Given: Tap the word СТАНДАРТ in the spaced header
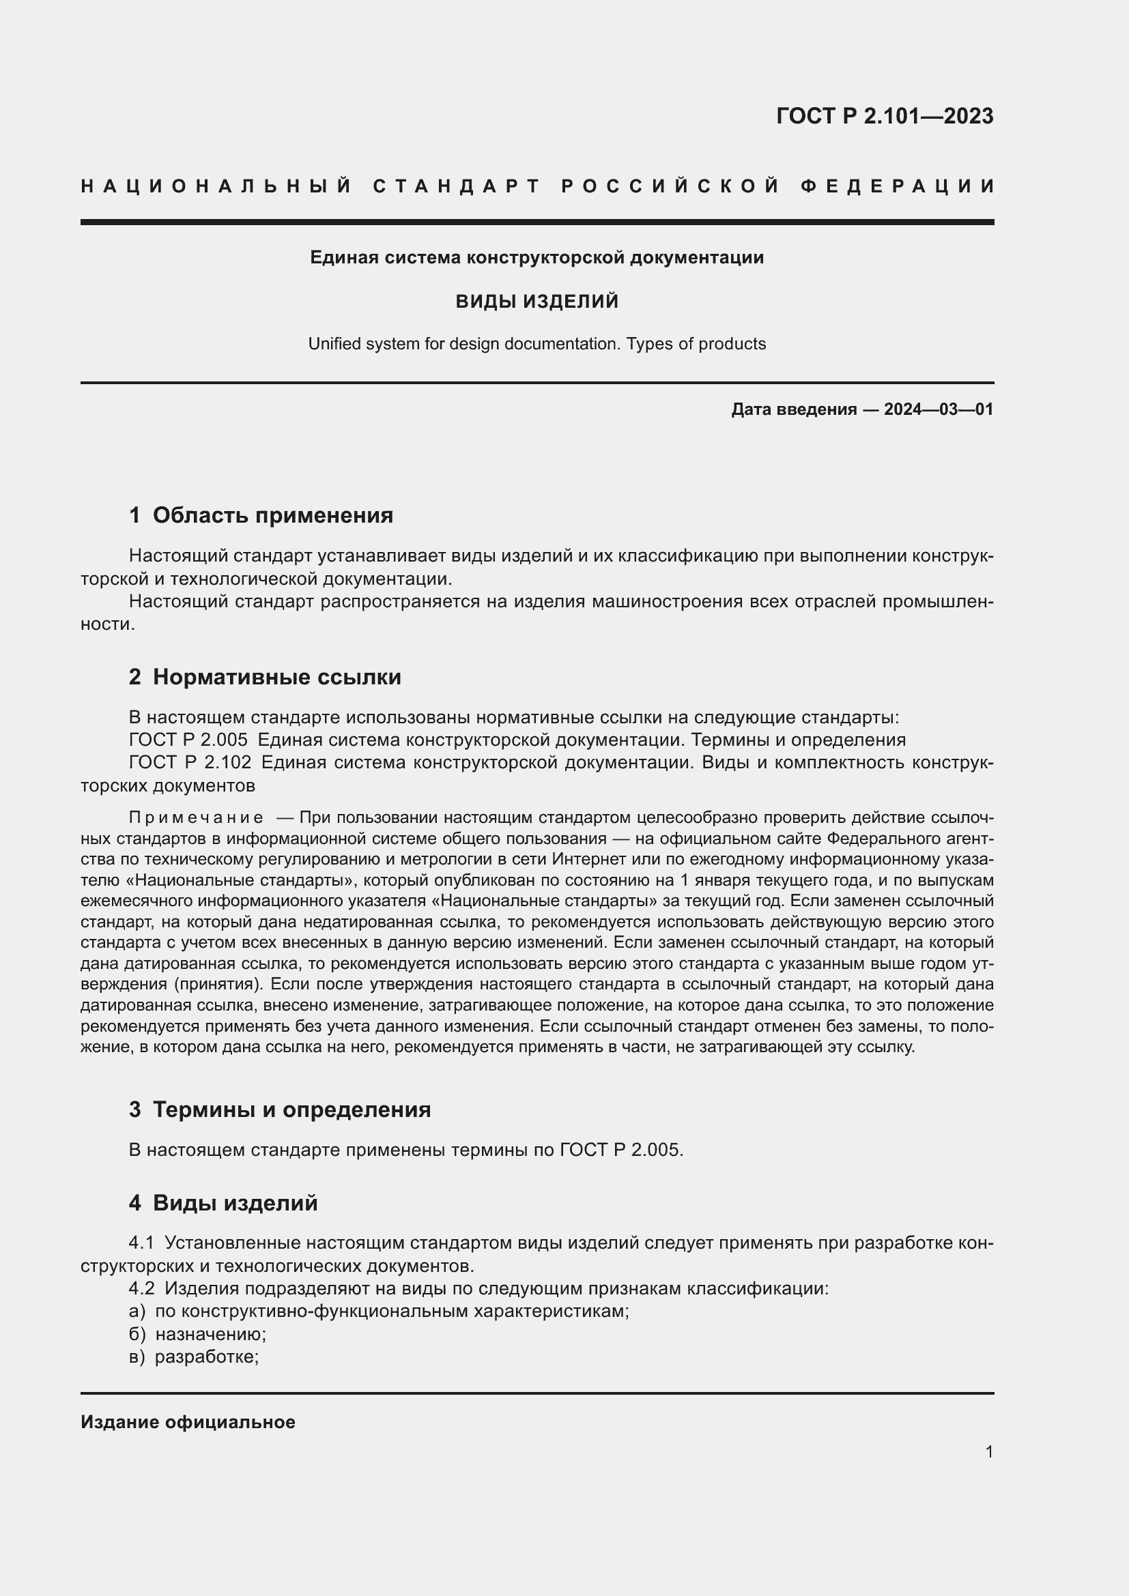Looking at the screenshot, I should pos(457,186).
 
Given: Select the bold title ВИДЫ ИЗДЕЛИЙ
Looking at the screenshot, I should pos(537,301).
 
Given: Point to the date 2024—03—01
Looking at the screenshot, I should pos(939,409).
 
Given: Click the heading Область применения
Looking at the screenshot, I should pos(272,515).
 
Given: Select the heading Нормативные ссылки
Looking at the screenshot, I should pos(276,677).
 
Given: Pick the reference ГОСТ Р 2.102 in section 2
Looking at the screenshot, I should pos(190,763).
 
